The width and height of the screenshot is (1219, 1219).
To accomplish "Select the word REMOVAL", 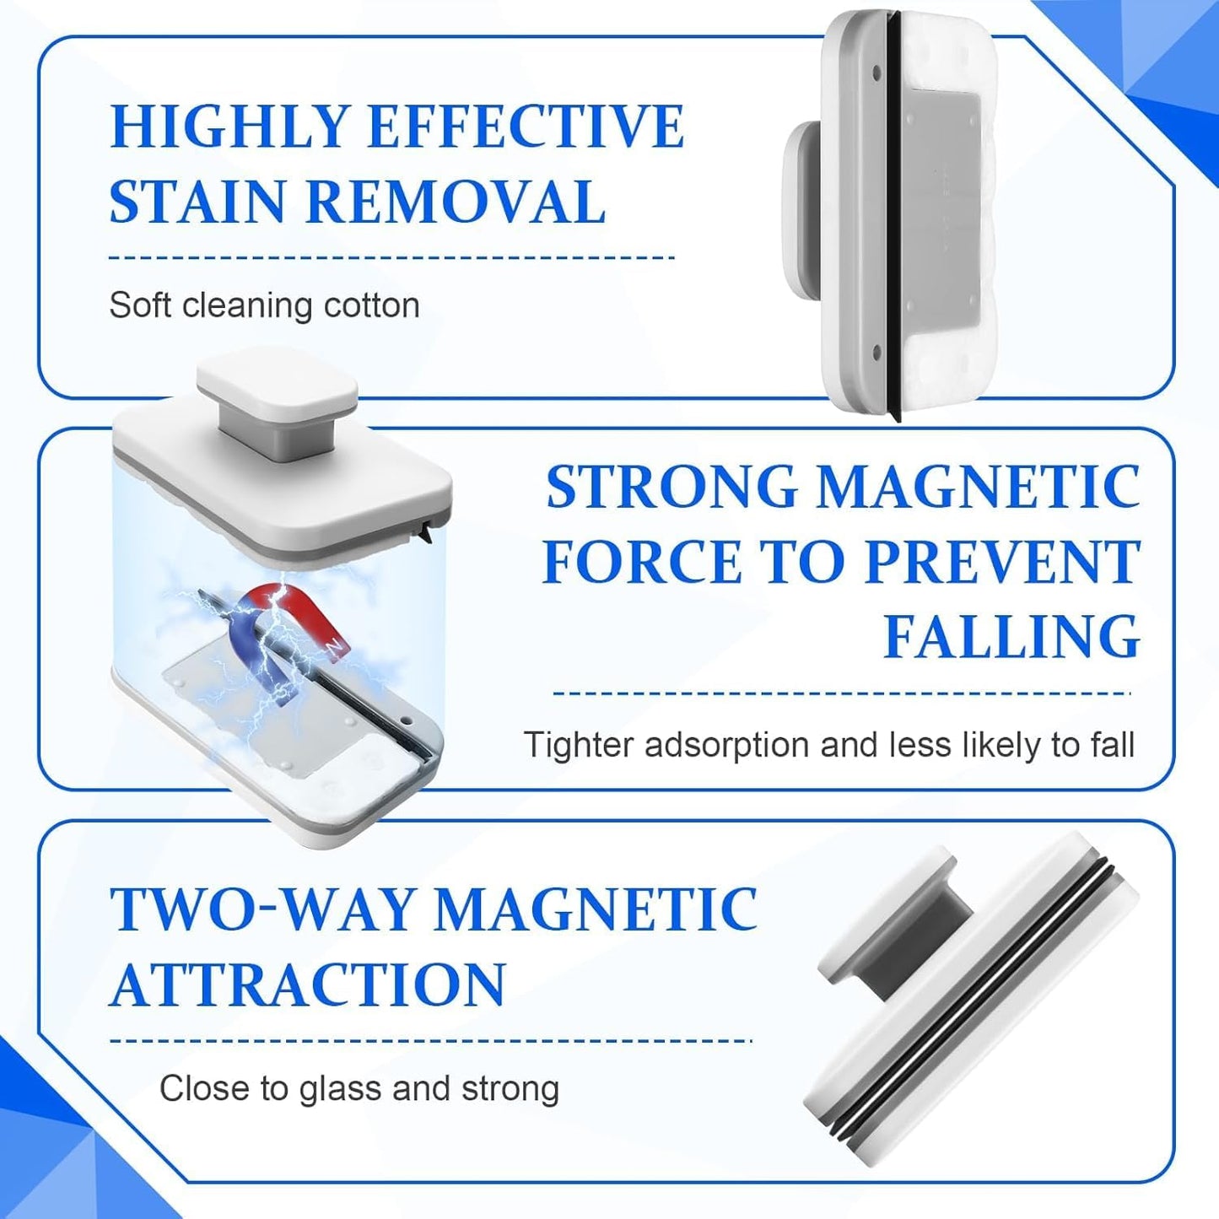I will click(x=456, y=202).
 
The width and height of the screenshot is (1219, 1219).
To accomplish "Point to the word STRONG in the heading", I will click(x=672, y=488).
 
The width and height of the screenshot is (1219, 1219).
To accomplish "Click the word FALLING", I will click(x=1011, y=637).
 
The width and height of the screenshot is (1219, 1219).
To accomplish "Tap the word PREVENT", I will click(x=1003, y=563).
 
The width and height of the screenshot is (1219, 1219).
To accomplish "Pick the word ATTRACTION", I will click(x=308, y=984).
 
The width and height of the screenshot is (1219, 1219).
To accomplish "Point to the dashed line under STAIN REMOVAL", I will click(x=391, y=257).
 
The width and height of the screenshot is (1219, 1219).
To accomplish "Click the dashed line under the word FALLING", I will click(x=841, y=693).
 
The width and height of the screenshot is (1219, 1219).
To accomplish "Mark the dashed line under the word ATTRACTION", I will click(x=430, y=1040).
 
